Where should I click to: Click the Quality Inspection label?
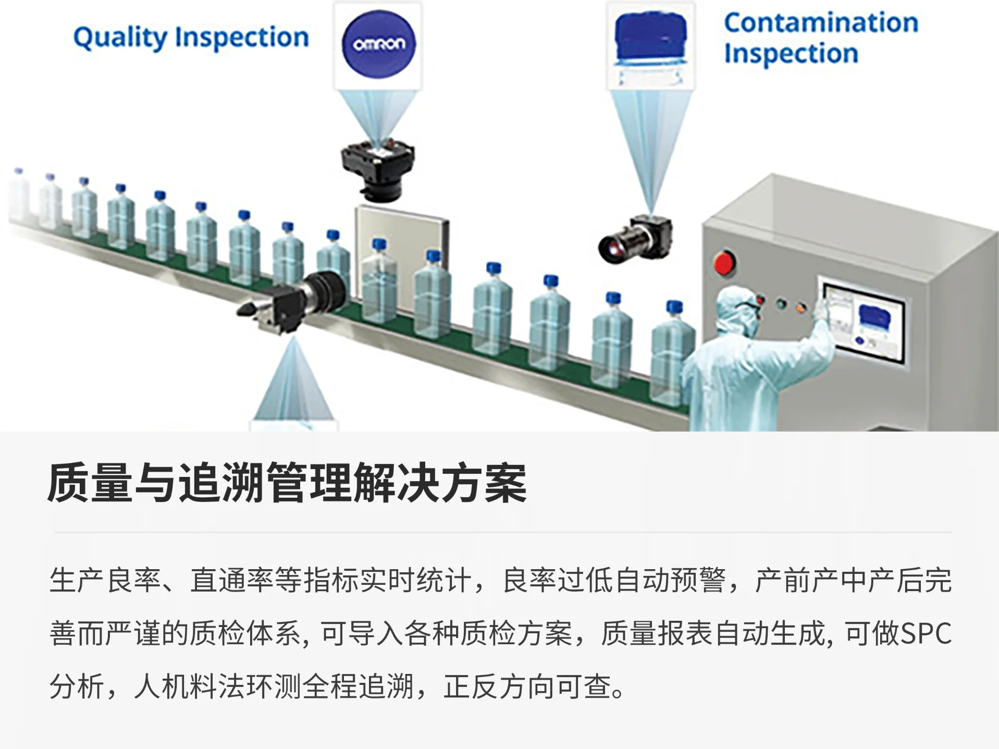point(191,38)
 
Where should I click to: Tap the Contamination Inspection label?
point(821,38)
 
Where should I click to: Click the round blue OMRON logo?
point(378,44)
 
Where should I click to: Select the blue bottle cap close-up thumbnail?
point(650,45)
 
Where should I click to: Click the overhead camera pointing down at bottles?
point(377,170)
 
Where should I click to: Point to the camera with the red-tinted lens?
point(635,240)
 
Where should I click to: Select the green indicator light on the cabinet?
point(781,304)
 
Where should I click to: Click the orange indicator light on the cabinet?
point(800,308)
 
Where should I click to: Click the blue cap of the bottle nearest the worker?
point(675,306)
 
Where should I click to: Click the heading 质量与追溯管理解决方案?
point(287,483)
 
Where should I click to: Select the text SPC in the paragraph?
point(926,633)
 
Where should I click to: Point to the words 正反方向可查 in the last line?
point(527,686)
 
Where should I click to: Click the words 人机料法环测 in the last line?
point(217,686)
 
